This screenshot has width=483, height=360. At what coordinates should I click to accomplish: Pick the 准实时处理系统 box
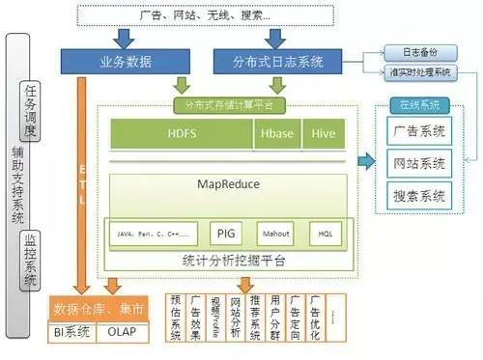pyautogui.click(x=418, y=71)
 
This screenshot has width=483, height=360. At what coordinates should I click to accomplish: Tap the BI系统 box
pyautogui.click(x=74, y=335)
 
